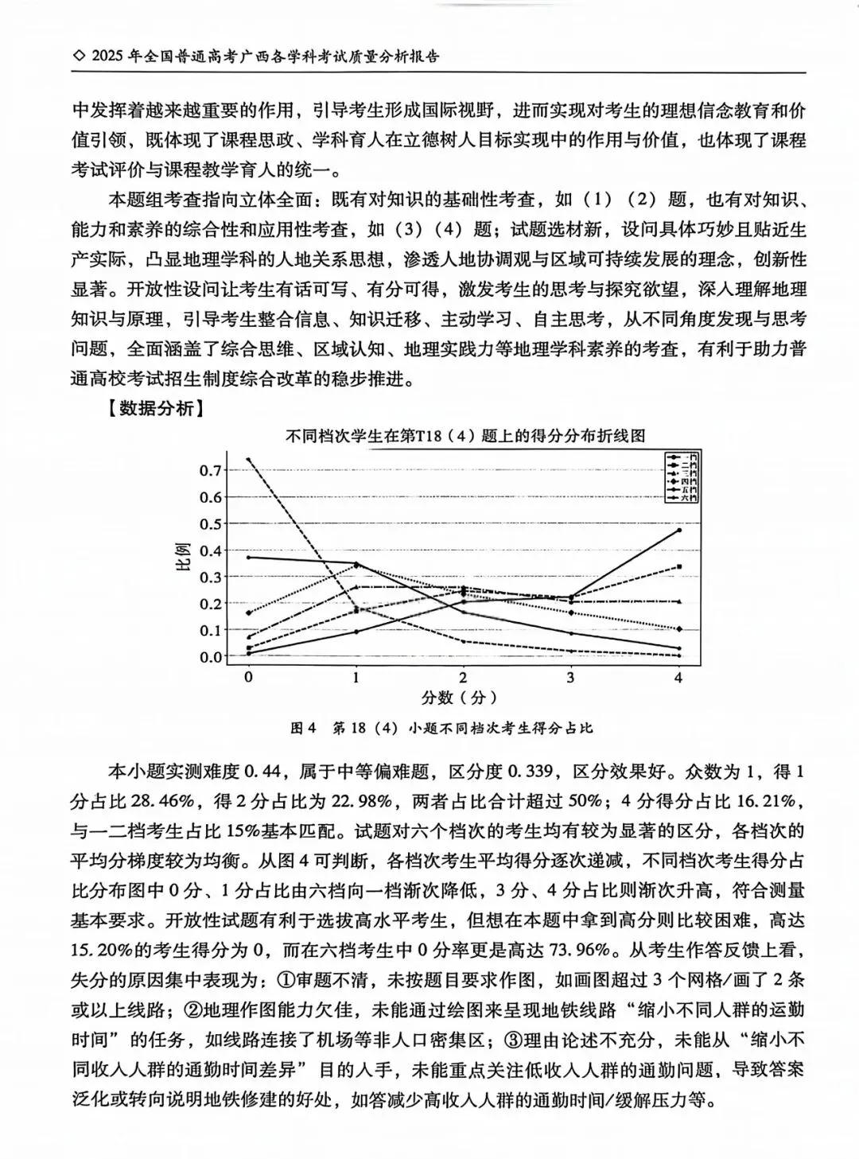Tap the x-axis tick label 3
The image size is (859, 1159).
click(570, 678)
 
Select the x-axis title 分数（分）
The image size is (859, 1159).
click(462, 698)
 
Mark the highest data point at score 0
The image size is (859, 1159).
click(248, 459)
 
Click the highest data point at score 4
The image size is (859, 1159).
click(678, 530)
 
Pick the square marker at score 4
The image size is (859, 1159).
click(678, 566)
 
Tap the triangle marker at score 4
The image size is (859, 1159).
click(678, 602)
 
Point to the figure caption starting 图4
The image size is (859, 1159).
click(442, 728)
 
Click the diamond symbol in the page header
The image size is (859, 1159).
click(77, 56)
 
